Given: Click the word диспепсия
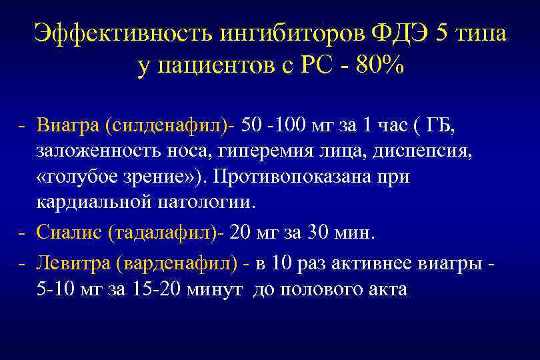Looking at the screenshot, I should click(427, 152).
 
